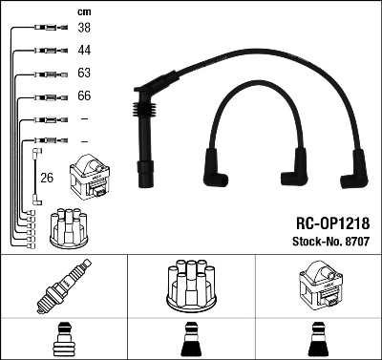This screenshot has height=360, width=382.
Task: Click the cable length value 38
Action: click(84, 30)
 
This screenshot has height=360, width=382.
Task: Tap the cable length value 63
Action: click(84, 74)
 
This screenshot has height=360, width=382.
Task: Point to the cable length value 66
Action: click(84, 95)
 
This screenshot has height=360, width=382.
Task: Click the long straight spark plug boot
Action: click(144, 143)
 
